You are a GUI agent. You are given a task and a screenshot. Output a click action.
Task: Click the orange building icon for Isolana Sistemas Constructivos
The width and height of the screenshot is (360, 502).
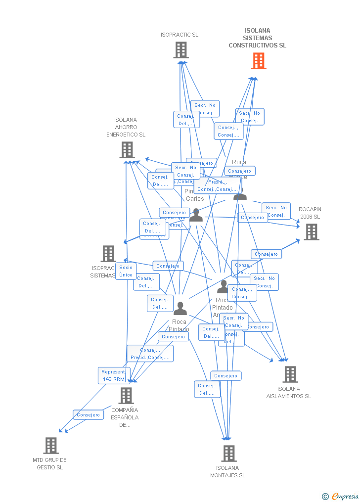(259, 61)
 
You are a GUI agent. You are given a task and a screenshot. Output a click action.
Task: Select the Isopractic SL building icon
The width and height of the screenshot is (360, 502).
(181, 50)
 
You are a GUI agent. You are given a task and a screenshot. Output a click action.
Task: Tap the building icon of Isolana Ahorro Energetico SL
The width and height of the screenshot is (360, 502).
(127, 150)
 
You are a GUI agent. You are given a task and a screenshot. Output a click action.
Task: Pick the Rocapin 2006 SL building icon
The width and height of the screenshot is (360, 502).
(311, 232)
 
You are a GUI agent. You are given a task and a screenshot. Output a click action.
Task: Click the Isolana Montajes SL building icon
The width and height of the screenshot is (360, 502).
(228, 454)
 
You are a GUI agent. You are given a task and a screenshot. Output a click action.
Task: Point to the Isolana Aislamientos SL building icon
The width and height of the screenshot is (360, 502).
(290, 374)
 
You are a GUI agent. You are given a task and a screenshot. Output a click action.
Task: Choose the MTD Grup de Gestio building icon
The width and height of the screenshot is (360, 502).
(51, 446)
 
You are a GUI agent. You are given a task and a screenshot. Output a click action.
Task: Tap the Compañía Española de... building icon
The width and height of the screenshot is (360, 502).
(126, 396)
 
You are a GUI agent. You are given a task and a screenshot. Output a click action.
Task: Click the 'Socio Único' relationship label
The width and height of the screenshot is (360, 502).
(126, 271)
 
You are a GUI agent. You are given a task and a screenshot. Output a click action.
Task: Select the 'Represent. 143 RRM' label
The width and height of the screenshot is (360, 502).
(113, 375)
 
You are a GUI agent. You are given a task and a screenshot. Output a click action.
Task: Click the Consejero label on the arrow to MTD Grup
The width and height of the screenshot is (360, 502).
(88, 415)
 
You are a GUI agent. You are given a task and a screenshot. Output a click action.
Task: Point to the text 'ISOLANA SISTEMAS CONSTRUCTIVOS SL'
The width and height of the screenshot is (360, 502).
(257, 38)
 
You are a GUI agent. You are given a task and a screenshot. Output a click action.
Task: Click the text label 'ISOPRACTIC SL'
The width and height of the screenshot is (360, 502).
(180, 35)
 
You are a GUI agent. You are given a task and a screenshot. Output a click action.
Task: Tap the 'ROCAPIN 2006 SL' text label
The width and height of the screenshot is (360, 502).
(310, 213)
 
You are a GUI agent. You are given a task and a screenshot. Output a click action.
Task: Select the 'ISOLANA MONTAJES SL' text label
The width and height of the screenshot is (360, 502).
(227, 472)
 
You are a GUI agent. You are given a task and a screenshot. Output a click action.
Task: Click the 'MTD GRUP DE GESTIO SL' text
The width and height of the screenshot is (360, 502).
(49, 463)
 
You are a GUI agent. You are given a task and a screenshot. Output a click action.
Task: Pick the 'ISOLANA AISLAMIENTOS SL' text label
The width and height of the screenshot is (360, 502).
(289, 393)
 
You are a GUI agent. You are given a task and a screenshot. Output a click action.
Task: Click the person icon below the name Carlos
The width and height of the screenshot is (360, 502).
(196, 215)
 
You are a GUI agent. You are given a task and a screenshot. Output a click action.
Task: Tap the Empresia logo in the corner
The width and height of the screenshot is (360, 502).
(341, 496)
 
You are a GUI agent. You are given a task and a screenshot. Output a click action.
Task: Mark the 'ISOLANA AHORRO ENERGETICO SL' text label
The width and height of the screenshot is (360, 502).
(126, 127)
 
